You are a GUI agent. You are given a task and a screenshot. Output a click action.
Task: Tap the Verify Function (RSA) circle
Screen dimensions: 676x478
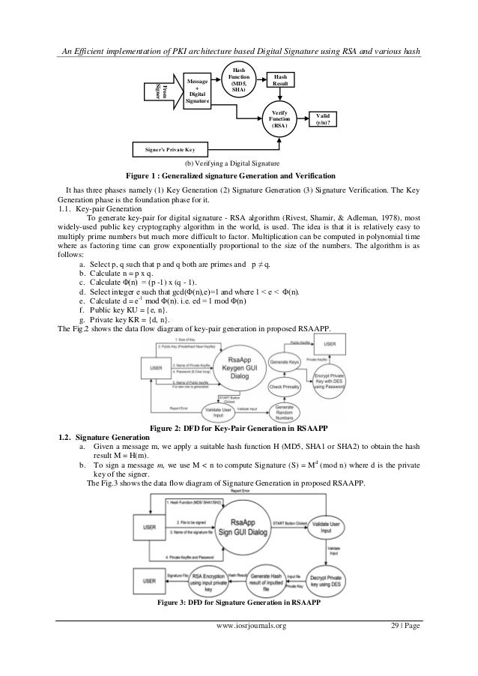pos(278,119)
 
